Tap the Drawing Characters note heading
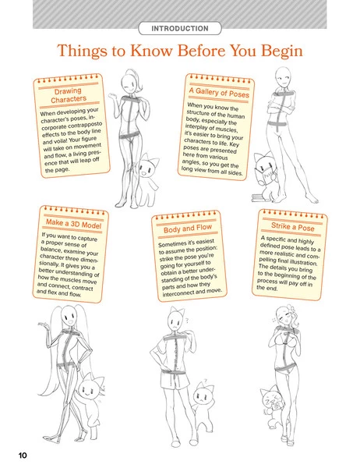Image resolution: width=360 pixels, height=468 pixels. (67, 97)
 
